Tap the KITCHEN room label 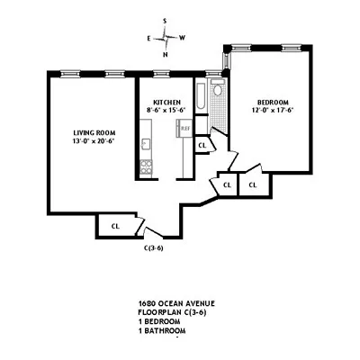tap(166, 103)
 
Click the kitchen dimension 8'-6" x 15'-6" tap(166, 112)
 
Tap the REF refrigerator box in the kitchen tap(184, 128)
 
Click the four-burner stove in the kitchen tap(146, 166)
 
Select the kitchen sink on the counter tap(145, 144)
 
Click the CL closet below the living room tap(114, 226)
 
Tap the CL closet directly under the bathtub tap(202, 144)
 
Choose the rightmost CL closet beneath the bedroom tap(253, 184)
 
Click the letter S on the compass tap(166, 21)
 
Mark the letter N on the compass tap(166, 55)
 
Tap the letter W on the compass tap(183, 38)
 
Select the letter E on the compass tap(149, 38)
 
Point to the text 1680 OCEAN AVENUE tap(177, 303)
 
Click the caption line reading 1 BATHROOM tap(167, 330)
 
